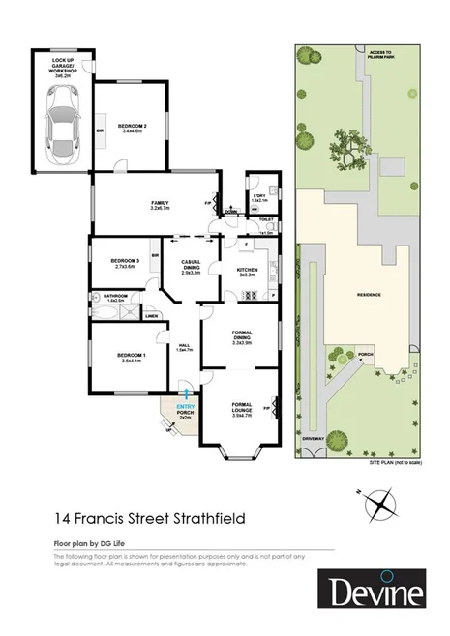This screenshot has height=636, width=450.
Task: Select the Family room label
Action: tap(160, 205)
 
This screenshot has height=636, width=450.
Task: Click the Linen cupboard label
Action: tap(152, 316)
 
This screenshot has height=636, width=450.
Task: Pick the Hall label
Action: tap(184, 347)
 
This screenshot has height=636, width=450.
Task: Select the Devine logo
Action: tap(372, 591)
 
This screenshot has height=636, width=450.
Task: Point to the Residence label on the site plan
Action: tap(369, 294)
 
